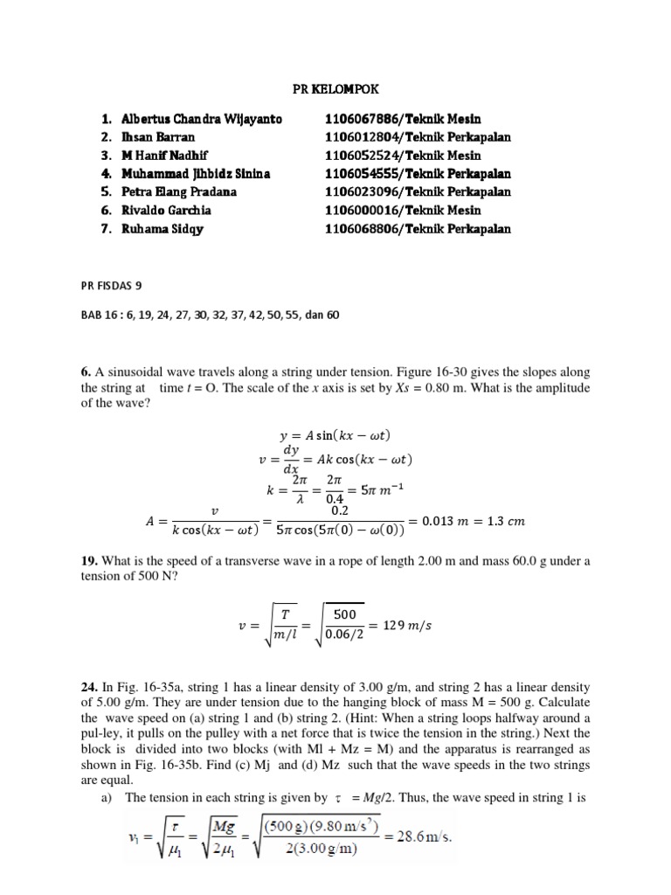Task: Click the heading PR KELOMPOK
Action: [x=336, y=90]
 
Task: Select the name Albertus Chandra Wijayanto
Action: [x=202, y=119]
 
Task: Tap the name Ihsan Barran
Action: [x=158, y=137]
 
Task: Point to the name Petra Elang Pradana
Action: [x=179, y=192]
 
